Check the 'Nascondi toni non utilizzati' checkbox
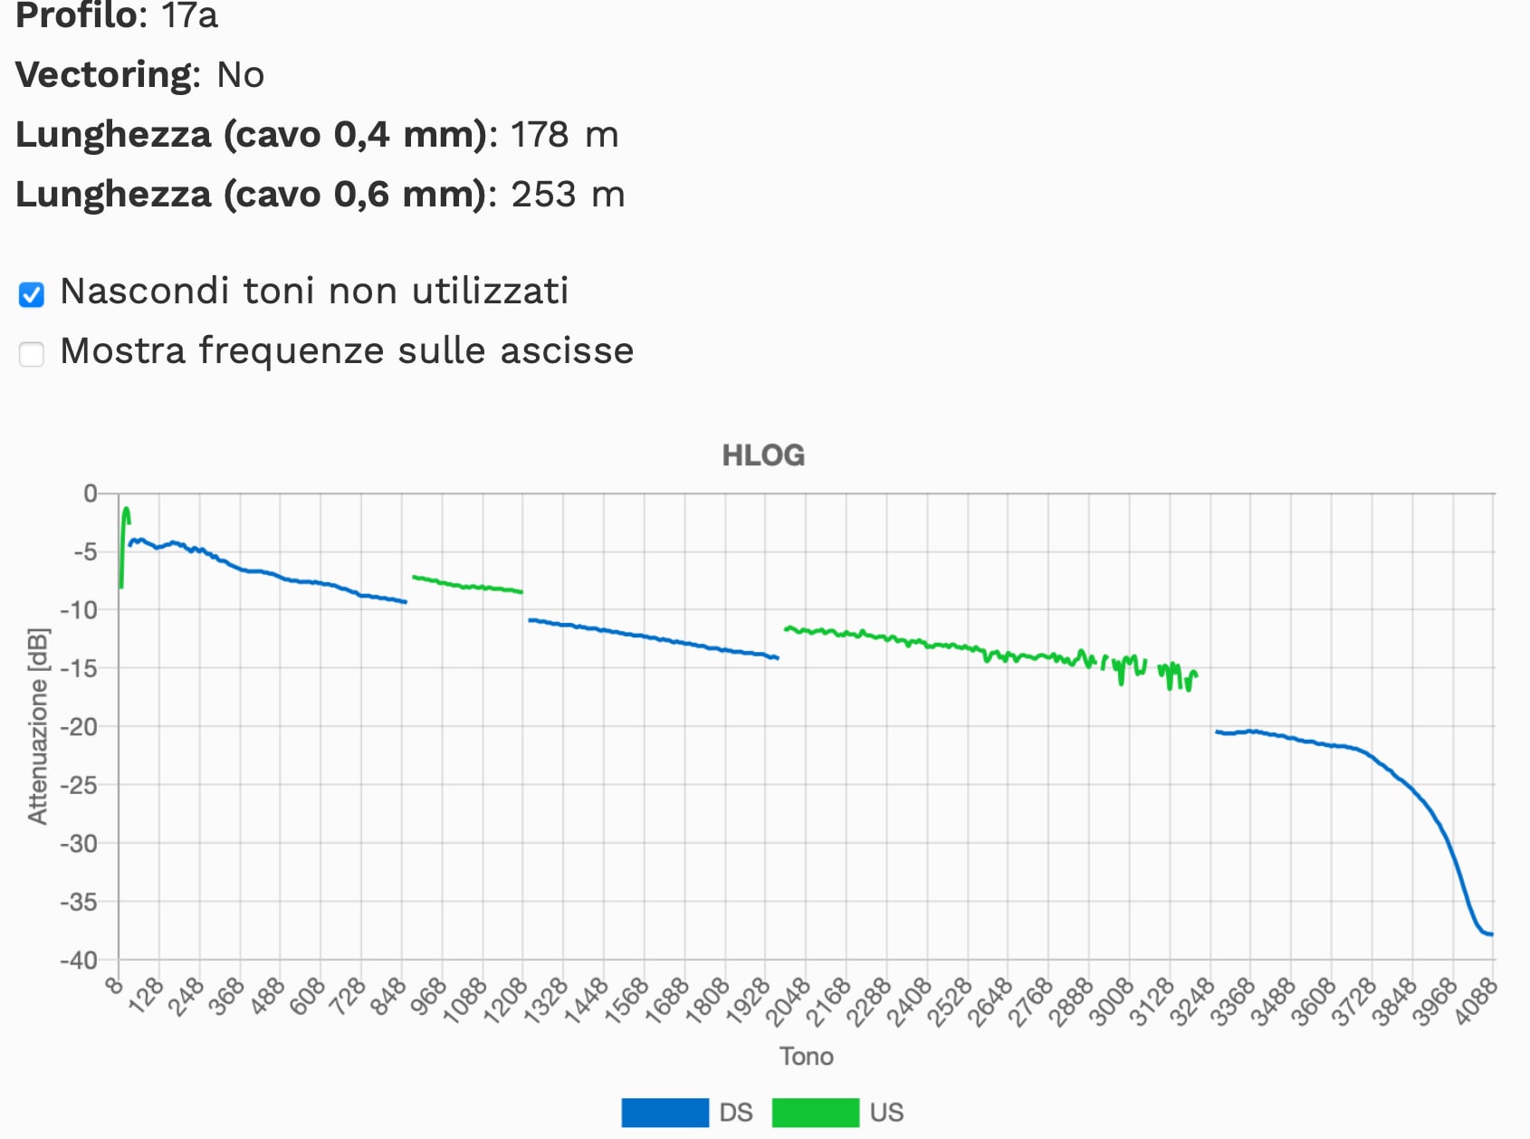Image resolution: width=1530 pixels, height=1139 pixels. [x=32, y=294]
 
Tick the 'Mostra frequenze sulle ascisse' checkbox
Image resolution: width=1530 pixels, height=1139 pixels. [x=32, y=354]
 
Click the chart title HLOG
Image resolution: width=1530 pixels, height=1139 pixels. [x=763, y=455]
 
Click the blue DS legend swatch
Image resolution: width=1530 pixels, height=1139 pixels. [x=665, y=1112]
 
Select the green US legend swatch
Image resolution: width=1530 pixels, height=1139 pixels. [x=815, y=1112]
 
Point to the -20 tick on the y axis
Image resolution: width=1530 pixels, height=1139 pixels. [x=80, y=727]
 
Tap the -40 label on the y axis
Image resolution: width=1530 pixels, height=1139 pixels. [x=78, y=960]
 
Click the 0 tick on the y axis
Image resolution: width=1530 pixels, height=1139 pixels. [x=90, y=493]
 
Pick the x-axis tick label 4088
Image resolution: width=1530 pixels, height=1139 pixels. [x=1476, y=1001]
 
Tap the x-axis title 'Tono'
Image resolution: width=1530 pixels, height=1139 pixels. [x=806, y=1057]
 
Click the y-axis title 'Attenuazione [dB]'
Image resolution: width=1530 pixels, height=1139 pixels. [x=37, y=726]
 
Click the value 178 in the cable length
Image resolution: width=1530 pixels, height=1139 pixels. [x=540, y=135]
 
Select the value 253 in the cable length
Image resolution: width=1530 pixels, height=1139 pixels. [x=543, y=195]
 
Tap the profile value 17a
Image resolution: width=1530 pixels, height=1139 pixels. [x=189, y=15]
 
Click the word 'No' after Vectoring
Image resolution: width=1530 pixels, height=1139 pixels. [x=240, y=75]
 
